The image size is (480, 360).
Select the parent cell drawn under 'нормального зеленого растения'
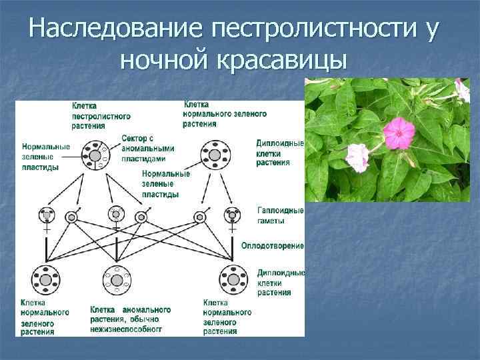214,155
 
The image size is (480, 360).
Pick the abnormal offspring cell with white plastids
117,280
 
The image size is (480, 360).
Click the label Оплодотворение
273,246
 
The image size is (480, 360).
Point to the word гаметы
271,220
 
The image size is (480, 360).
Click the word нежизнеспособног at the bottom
126,329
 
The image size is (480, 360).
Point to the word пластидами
142,159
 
